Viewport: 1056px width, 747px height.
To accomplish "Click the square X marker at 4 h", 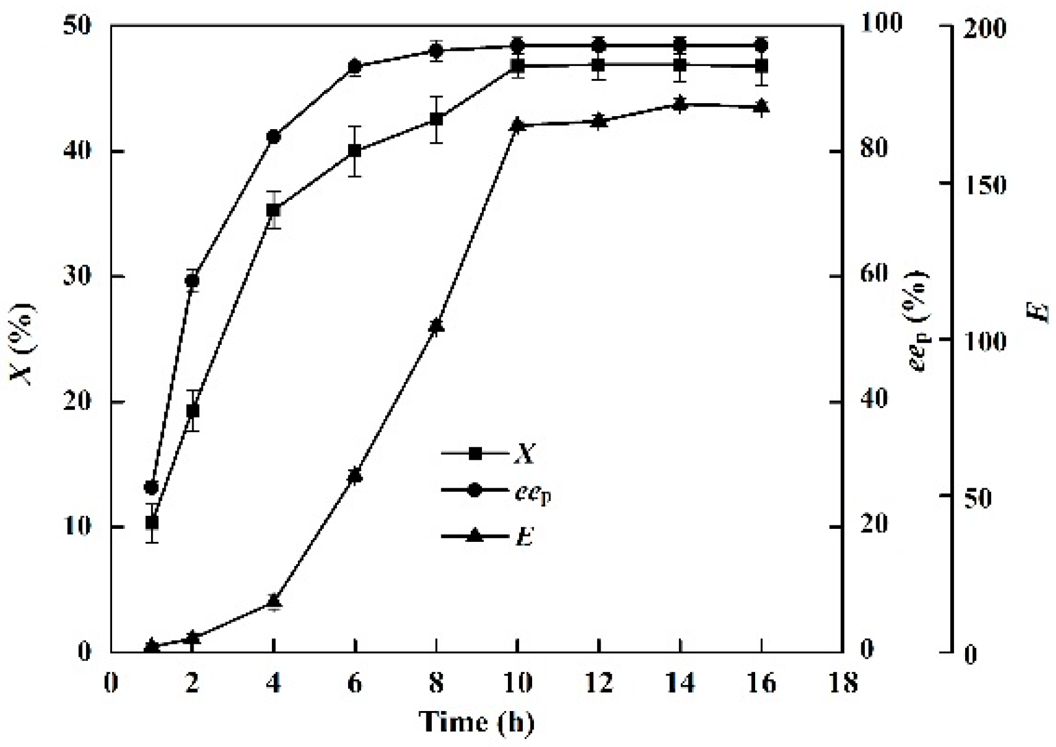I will click(x=273, y=210).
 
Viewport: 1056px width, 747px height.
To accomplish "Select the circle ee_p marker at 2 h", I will click(x=192, y=281).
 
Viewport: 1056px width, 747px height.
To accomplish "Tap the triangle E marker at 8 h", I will click(x=436, y=326).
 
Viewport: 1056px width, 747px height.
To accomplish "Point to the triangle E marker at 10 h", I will click(x=517, y=125).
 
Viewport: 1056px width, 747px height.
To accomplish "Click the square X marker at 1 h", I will click(x=152, y=522).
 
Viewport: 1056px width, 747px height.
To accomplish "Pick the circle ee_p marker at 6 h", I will click(x=355, y=66).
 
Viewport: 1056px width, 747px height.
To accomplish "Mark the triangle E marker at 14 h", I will click(x=680, y=104).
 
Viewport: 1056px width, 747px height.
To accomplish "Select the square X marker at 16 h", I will click(x=762, y=65).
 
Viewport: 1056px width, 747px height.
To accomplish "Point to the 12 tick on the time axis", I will click(x=599, y=683).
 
